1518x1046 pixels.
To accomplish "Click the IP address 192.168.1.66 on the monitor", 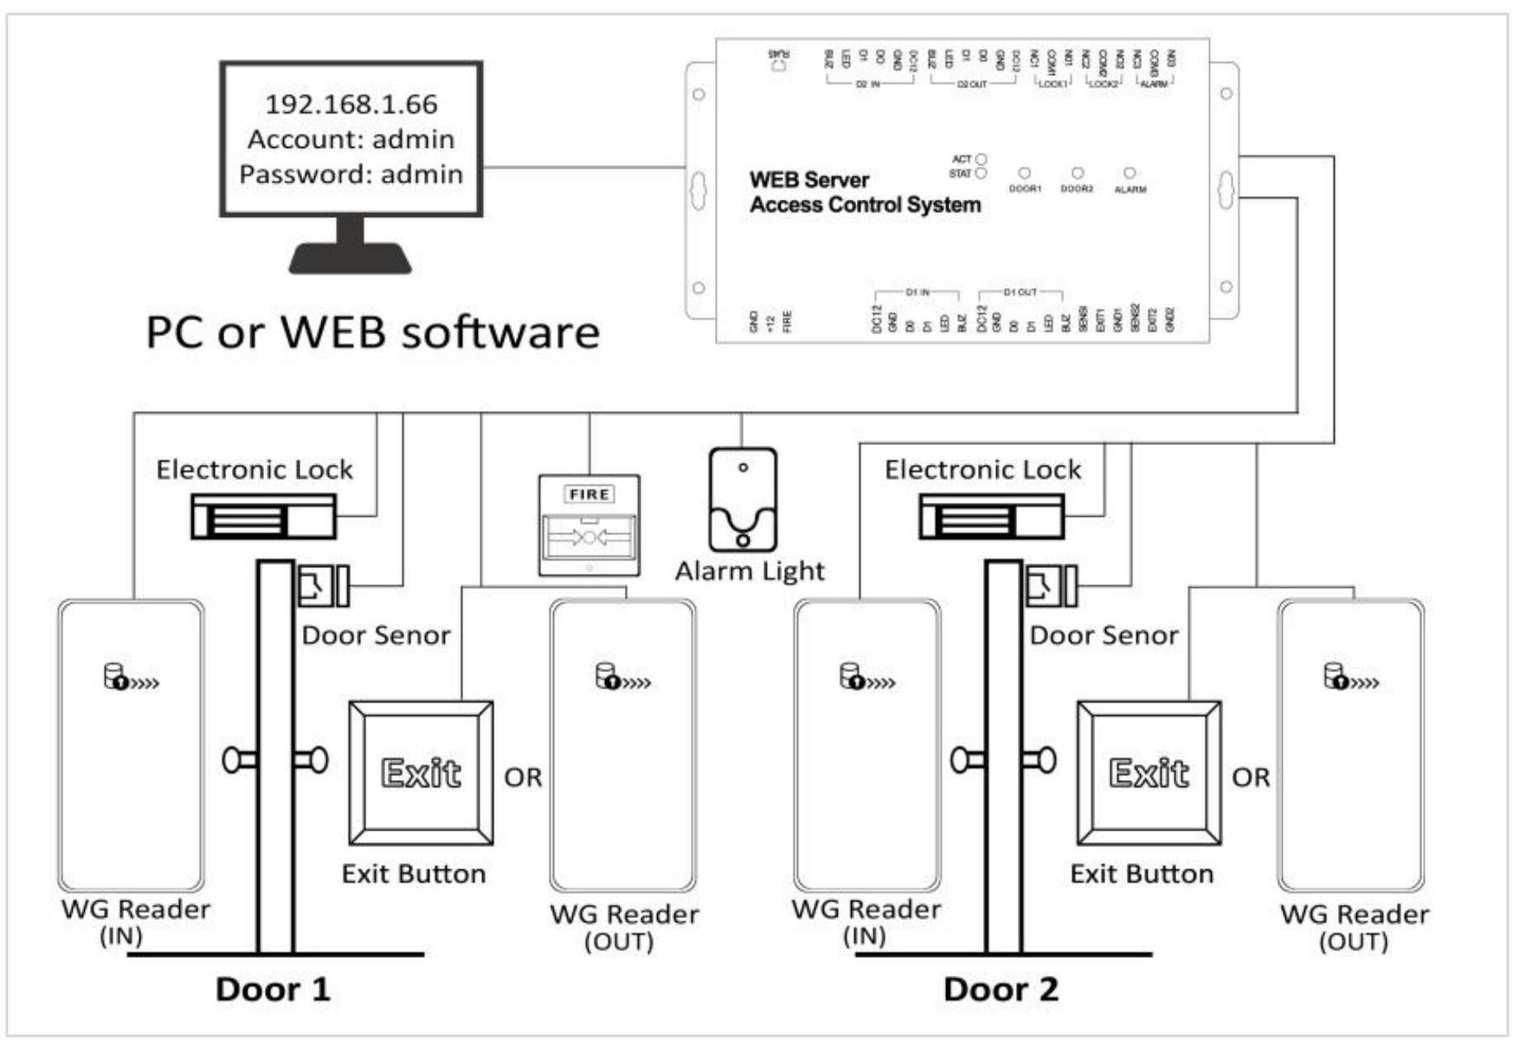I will pos(351,104).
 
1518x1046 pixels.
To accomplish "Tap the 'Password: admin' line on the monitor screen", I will pos(351,174).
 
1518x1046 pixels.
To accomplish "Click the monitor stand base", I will pos(350,258).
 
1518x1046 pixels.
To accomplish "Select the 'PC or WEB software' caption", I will pos(372,332).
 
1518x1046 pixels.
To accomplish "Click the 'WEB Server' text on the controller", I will pos(809,180).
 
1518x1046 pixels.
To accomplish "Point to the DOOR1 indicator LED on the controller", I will pos(1024,173).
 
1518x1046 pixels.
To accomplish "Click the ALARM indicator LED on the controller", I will pos(1129,173).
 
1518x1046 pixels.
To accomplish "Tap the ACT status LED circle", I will pos(981,159).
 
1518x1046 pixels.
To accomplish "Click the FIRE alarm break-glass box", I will pos(589,525).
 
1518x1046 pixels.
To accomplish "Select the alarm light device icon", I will pos(742,500).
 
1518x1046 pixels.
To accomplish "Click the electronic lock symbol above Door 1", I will pos(263,517).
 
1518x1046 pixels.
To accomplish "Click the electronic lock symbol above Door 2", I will pos(991,517).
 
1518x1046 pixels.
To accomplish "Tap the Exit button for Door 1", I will pos(421,773).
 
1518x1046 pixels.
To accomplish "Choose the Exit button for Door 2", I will pos(1149,773).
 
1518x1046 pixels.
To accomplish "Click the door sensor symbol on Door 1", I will pos(323,585).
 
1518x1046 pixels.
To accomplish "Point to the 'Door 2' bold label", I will pos(1000,989).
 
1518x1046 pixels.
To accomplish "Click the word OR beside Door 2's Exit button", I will pos(1251,778).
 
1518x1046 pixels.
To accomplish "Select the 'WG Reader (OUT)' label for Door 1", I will pos(623,926).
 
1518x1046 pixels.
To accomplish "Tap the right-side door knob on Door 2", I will pos(1041,760).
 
